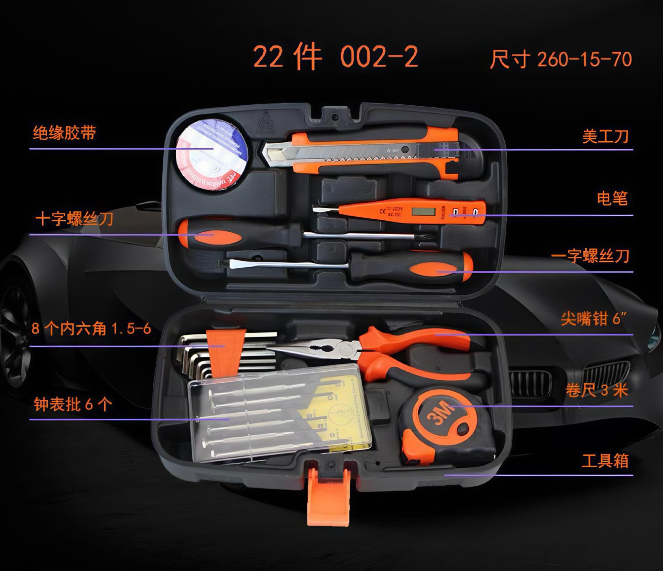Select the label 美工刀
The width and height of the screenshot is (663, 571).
click(605, 136)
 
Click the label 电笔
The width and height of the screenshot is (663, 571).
click(612, 199)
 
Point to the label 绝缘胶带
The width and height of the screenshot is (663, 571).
click(65, 133)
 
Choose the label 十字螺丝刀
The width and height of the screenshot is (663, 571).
click(75, 219)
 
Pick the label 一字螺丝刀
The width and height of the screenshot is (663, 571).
click(590, 256)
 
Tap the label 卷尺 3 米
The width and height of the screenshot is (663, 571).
click(596, 390)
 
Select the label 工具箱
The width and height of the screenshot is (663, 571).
click(605, 461)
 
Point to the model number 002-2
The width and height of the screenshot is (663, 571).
click(379, 57)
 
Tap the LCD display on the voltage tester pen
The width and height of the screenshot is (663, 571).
click(419, 210)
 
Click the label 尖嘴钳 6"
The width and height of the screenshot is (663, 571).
click(594, 319)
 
